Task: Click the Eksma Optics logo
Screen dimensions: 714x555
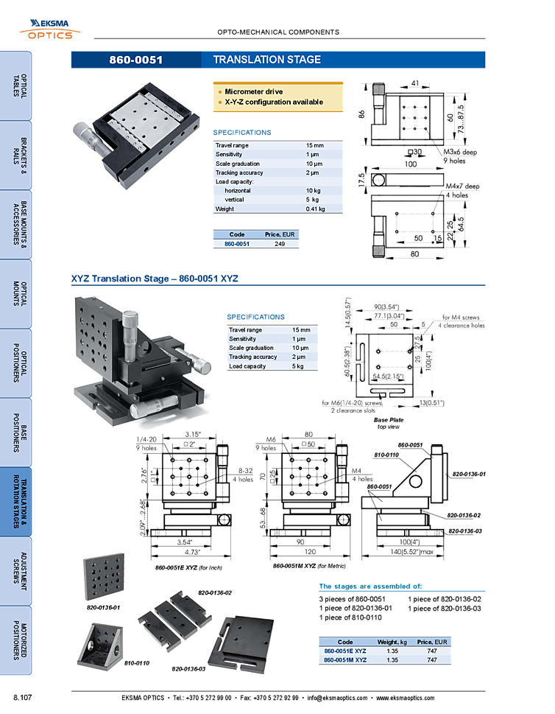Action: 51,29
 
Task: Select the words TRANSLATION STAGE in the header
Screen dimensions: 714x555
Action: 266,60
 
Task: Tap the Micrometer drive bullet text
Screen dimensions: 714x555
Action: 253,91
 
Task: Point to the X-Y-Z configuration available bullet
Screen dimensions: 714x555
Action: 273,102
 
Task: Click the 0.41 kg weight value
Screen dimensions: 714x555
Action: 315,209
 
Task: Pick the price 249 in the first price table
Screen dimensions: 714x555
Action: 280,243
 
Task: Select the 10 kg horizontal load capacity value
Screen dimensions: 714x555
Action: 314,191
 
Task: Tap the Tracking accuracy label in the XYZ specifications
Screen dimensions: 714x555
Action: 252,357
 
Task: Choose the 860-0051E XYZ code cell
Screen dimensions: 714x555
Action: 344,651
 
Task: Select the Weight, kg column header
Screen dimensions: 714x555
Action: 391,643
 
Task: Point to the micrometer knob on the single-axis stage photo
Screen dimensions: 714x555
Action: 85,137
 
